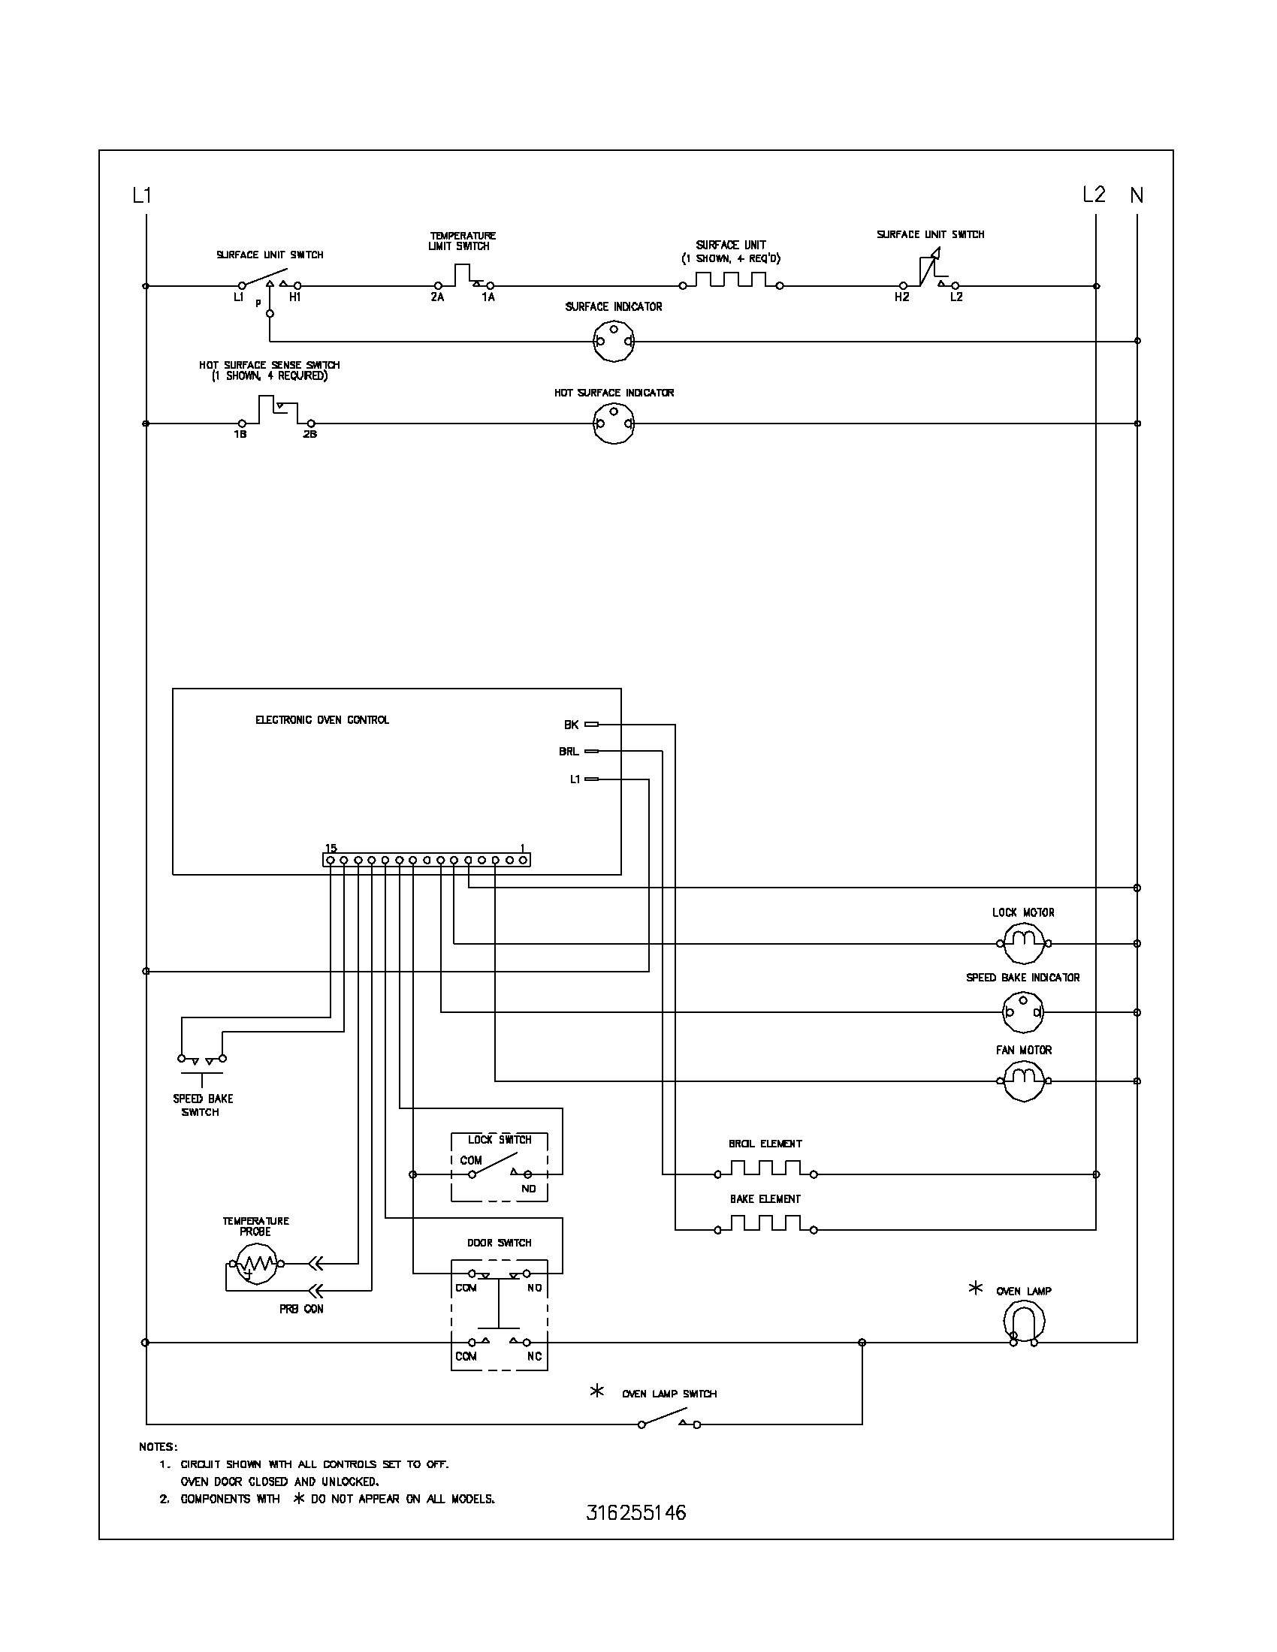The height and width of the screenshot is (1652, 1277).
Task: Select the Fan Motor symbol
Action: coord(1023,1080)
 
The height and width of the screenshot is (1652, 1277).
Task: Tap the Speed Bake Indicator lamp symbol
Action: coord(1023,1011)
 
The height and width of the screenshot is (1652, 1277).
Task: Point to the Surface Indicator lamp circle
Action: coord(614,340)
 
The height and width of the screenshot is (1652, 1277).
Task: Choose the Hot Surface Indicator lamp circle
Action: coord(614,424)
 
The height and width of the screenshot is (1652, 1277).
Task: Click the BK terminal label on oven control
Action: coord(571,725)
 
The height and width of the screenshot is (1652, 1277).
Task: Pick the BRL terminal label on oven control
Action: coord(569,751)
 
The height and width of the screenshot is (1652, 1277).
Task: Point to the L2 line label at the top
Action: coord(1094,194)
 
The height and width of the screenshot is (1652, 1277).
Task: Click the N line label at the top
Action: coord(1137,195)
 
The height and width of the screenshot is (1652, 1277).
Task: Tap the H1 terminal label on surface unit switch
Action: coord(295,297)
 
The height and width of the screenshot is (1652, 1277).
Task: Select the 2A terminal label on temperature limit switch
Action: coord(437,297)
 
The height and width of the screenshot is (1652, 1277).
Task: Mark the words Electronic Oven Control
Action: coord(322,719)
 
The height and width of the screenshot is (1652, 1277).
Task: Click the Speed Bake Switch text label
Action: coord(203,1105)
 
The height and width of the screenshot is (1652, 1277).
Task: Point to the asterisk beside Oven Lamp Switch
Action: coord(597,1390)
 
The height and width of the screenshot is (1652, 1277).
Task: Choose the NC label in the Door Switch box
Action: coord(534,1356)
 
